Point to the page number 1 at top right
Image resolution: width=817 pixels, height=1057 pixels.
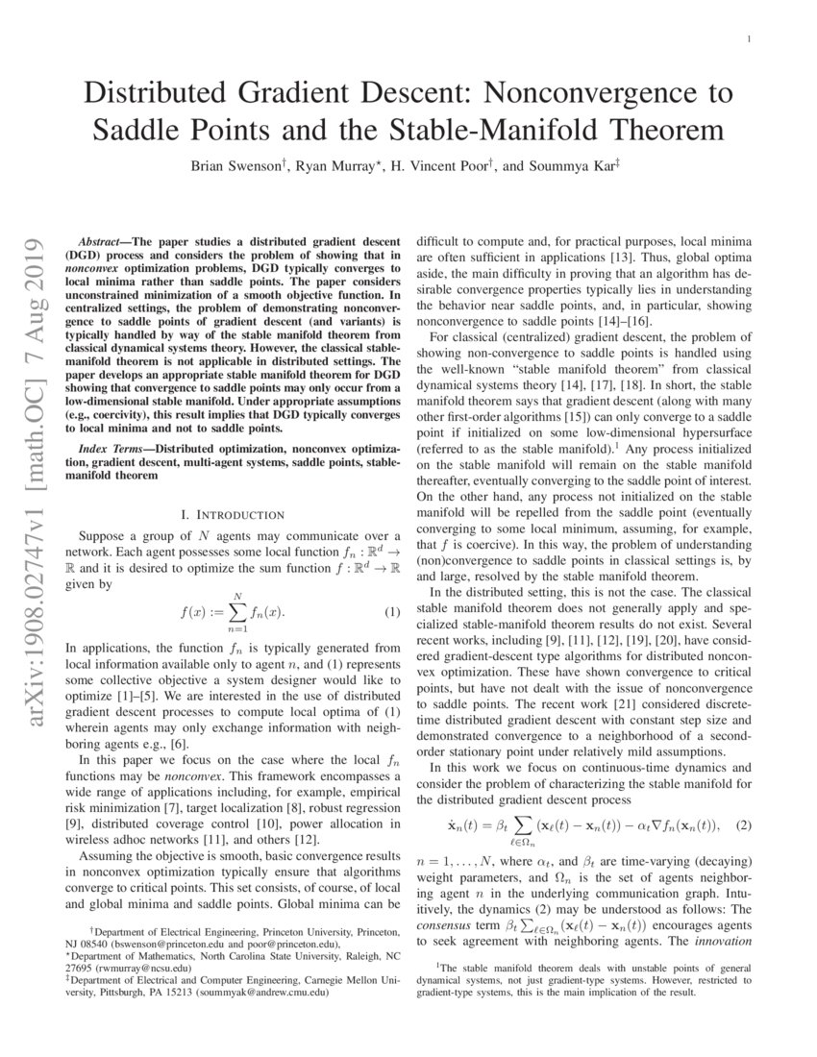pos(748,39)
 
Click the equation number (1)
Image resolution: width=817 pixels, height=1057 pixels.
pos(392,612)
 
